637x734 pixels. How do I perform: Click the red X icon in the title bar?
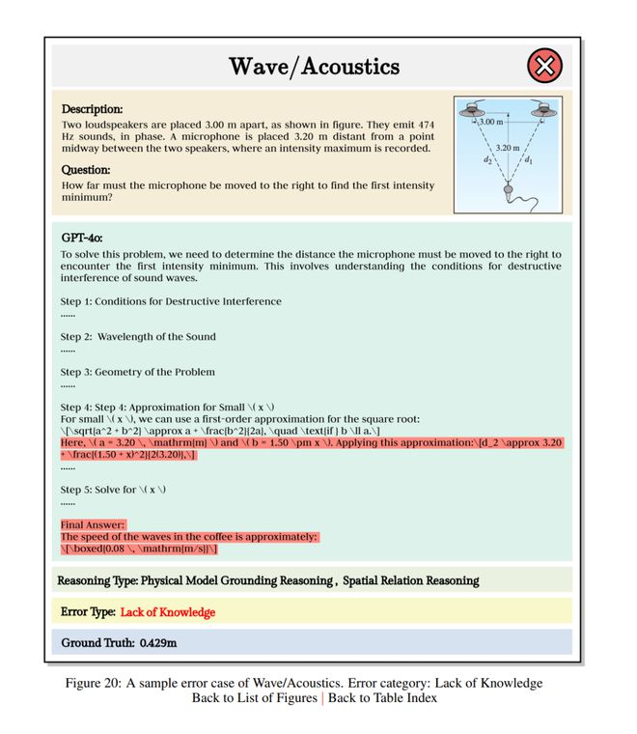544,67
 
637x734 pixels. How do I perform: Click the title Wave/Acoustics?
314,67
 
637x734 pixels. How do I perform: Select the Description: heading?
92,110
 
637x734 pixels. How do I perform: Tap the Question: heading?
86,169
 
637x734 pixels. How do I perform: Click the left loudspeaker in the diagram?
478,108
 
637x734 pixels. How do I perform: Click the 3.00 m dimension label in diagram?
491,123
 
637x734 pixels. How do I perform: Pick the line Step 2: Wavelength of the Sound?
138,336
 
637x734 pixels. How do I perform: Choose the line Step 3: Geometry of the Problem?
138,371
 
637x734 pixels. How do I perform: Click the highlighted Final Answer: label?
93,525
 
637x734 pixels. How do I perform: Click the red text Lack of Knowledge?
168,611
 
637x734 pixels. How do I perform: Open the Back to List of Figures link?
254,697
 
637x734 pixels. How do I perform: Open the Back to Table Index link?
382,697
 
